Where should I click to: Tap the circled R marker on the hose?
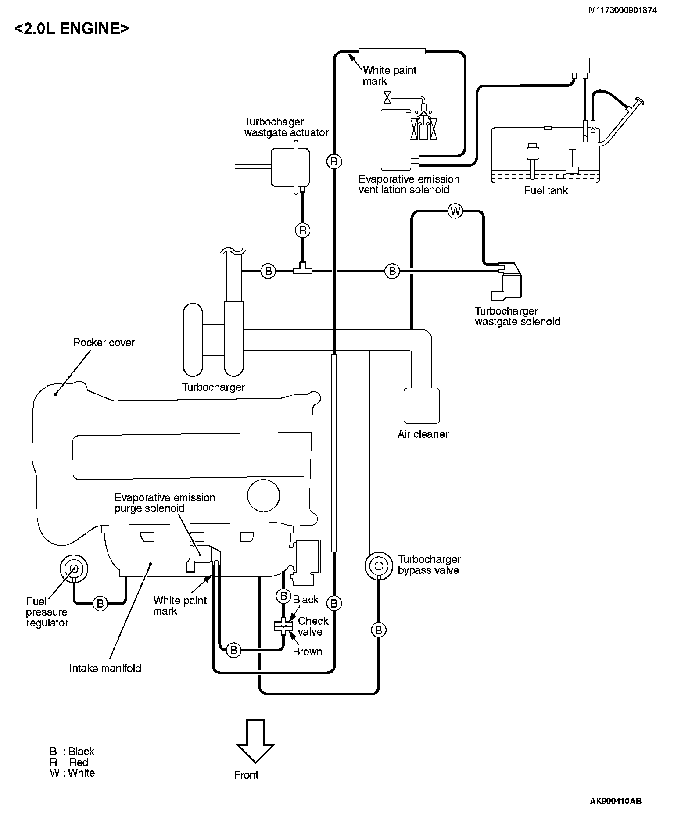(302, 230)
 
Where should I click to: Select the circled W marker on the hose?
(455, 211)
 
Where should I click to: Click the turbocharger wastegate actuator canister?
(290, 167)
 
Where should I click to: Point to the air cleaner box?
(421, 404)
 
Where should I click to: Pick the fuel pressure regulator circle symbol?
(73, 569)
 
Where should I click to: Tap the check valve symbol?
(284, 626)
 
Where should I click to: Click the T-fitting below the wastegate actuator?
(303, 268)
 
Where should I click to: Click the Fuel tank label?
(546, 191)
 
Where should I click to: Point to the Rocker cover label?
(104, 343)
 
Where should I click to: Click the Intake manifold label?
(105, 669)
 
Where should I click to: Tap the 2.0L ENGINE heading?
(72, 29)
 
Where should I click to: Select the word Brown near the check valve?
(308, 652)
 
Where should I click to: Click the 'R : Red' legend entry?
(69, 762)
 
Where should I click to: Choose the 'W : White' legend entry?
(72, 773)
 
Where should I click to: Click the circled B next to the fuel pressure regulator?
(100, 604)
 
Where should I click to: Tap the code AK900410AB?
(616, 802)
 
